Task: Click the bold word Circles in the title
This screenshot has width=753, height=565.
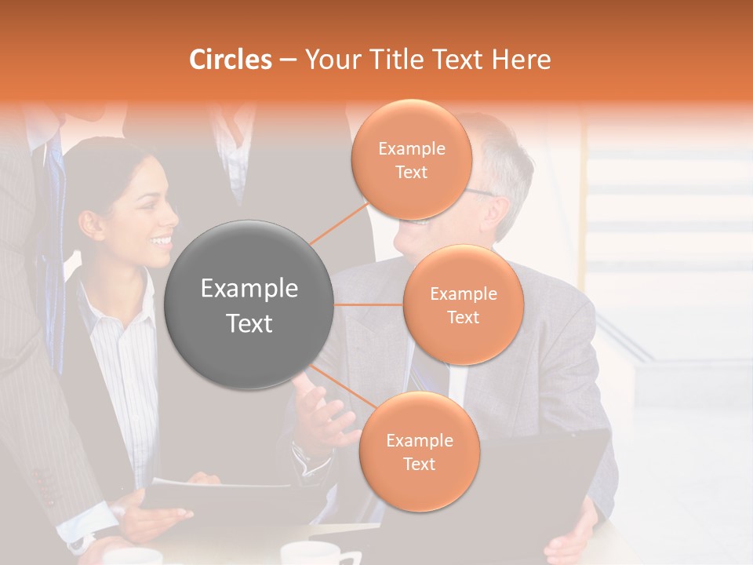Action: [231, 60]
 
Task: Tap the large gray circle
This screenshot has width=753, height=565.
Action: [249, 304]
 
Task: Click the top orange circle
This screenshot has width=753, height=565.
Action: [411, 159]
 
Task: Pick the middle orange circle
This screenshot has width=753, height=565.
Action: [463, 304]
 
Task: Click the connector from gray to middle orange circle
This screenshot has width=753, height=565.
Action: [369, 304]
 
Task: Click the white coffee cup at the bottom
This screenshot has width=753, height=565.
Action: [309, 554]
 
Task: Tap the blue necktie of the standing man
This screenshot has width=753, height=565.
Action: [55, 235]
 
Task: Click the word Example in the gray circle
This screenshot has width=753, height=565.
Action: [249, 289]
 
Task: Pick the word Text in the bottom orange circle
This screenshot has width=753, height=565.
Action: [419, 464]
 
